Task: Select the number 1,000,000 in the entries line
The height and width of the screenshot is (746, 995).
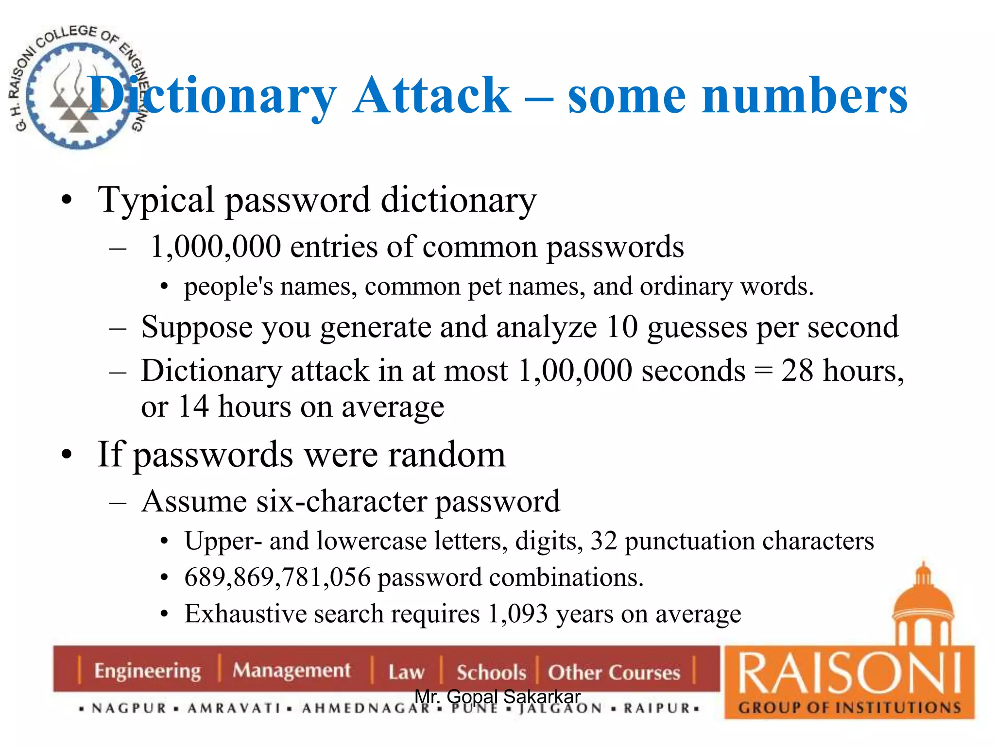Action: point(216,247)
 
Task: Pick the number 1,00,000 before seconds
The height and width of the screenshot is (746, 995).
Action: point(574,371)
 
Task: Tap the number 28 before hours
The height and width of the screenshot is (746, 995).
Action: point(797,371)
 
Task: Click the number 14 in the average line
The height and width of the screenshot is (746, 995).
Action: point(193,407)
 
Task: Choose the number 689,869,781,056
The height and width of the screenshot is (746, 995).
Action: point(277,577)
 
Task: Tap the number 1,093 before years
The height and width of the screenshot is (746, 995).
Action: point(518,614)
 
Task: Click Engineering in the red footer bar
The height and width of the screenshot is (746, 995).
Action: point(147,671)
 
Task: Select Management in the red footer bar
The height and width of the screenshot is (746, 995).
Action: point(292,671)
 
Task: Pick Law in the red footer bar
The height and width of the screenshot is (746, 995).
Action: point(406,672)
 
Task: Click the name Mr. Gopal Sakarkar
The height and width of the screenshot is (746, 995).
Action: point(497,696)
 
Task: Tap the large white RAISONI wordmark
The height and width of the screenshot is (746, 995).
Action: point(849,674)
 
